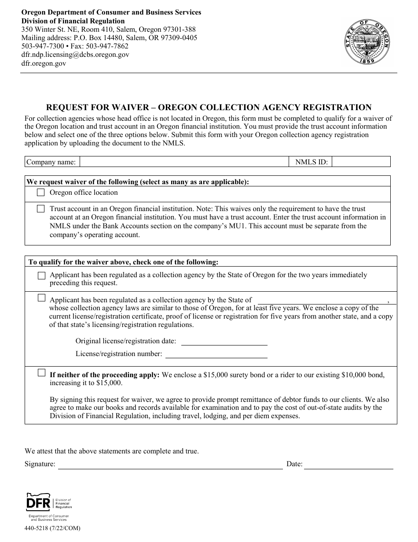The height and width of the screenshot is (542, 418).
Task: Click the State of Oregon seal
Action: [x=367, y=42]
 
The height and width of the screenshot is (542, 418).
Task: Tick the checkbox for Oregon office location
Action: [x=41, y=193]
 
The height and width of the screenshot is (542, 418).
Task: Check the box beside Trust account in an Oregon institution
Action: [x=41, y=209]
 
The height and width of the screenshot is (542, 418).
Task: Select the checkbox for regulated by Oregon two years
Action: [x=41, y=275]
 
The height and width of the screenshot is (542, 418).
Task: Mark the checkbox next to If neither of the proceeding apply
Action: [x=41, y=373]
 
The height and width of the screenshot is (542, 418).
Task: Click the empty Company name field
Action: [x=183, y=162]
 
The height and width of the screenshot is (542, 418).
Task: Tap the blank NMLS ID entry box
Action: [x=361, y=162]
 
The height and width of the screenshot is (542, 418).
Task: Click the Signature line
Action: [x=170, y=464]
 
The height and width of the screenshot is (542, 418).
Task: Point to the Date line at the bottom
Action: [x=348, y=464]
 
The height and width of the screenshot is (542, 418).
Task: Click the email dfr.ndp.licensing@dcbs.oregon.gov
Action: [x=75, y=55]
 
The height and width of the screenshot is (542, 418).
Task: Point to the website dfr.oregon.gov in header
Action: [x=44, y=63]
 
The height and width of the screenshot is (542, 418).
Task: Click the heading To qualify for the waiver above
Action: [x=123, y=262]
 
